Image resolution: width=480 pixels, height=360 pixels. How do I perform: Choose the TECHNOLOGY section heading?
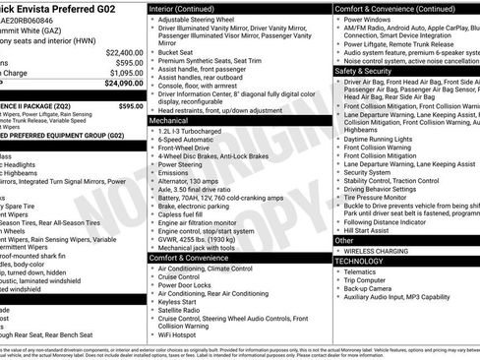tap(359, 261)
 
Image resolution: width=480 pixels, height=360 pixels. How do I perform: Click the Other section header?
tap(344, 240)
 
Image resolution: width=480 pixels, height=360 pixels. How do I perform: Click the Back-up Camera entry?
tap(375, 287)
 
